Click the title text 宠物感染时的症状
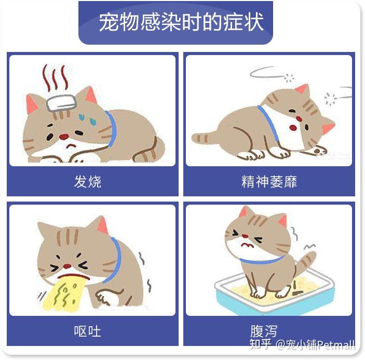[181, 22]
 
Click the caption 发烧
[88, 182]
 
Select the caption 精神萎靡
[269, 182]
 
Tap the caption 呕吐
[88, 331]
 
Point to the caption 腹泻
[263, 330]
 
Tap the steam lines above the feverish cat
[54, 77]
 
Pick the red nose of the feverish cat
[63, 137]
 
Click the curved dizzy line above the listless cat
[266, 72]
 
